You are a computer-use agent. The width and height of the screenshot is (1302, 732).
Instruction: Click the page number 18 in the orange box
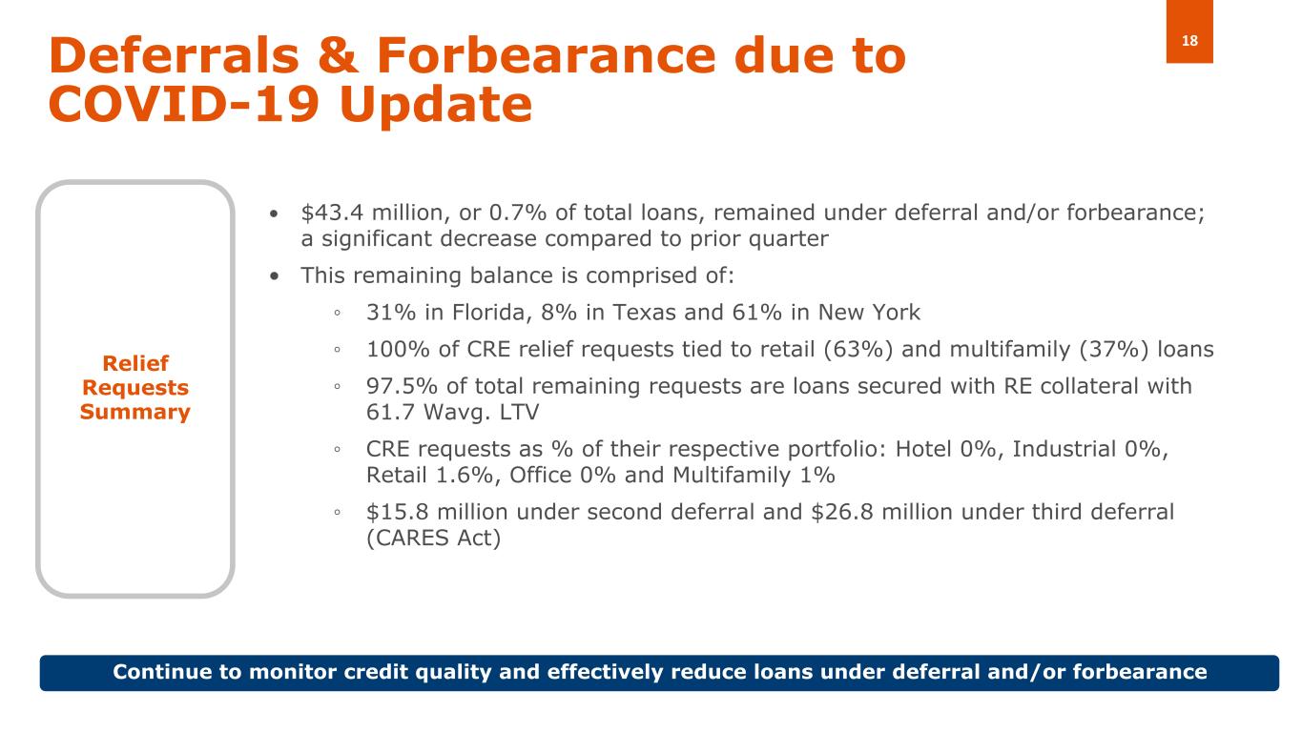pyautogui.click(x=1189, y=41)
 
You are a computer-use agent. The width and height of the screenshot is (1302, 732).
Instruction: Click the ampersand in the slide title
pyautogui.click(x=339, y=56)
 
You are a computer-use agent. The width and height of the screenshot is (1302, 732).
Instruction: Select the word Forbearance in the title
pyautogui.click(x=546, y=56)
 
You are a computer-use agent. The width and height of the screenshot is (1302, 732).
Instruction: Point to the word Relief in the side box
pyautogui.click(x=135, y=363)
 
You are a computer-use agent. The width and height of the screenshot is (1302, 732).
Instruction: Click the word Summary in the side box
pyautogui.click(x=134, y=412)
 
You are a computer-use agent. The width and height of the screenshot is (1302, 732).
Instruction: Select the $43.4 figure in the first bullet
pyautogui.click(x=332, y=213)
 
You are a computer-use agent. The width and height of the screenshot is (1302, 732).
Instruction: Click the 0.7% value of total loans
pyautogui.click(x=517, y=213)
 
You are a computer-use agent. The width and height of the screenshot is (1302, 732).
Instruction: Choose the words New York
pyautogui.click(x=869, y=313)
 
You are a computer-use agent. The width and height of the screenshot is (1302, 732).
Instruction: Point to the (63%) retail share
pyautogui.click(x=858, y=350)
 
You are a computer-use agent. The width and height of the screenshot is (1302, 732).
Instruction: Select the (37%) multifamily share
pyautogui.click(x=1114, y=350)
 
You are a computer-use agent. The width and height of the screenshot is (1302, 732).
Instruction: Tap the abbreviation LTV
pyautogui.click(x=517, y=413)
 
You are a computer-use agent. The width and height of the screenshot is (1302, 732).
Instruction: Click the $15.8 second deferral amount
pyautogui.click(x=398, y=512)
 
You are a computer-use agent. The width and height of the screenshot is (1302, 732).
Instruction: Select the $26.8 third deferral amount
pyautogui.click(x=842, y=512)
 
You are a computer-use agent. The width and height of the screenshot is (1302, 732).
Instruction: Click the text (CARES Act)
pyautogui.click(x=434, y=538)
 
